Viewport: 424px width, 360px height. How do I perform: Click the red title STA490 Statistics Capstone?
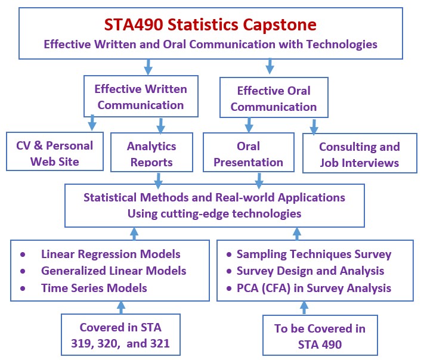click(211, 24)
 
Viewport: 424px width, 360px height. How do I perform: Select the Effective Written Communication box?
click(141, 96)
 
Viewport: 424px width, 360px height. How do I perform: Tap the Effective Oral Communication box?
click(274, 98)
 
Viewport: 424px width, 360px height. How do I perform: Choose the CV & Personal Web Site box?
click(55, 151)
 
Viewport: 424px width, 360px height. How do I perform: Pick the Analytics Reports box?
click(151, 152)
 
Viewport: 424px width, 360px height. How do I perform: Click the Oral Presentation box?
click(249, 152)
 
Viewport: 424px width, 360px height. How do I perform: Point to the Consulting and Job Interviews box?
click(360, 153)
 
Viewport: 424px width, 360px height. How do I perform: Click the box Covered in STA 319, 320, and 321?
click(120, 334)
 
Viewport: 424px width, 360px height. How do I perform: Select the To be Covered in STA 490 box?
click(320, 335)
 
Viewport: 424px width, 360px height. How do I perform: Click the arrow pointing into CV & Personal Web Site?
click(92, 122)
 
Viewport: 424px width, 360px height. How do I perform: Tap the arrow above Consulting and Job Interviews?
click(314, 127)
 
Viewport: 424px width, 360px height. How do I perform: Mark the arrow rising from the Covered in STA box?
click(121, 308)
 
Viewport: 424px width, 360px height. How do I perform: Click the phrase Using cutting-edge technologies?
click(215, 213)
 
